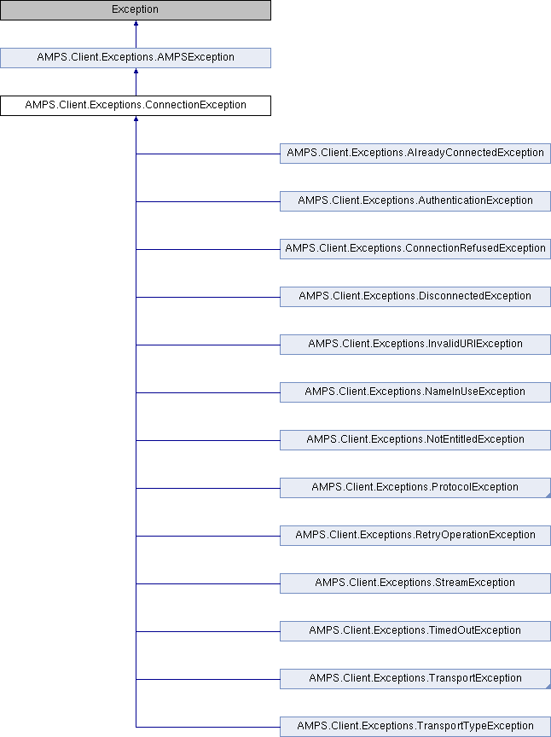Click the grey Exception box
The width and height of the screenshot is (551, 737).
tap(136, 10)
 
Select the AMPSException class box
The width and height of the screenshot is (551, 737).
tap(136, 58)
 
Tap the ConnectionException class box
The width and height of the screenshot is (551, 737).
tap(136, 106)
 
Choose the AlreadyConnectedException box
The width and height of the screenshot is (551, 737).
tap(415, 154)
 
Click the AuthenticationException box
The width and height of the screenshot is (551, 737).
tap(415, 201)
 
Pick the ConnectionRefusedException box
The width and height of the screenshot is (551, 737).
tap(415, 249)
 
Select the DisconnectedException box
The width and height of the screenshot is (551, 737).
tap(415, 297)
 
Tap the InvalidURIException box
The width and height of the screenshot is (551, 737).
tap(415, 345)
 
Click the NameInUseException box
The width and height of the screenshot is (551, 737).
tap(415, 392)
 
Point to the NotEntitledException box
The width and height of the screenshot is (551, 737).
tap(415, 440)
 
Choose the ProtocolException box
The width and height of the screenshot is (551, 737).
tap(415, 488)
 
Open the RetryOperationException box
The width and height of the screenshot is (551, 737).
tap(415, 536)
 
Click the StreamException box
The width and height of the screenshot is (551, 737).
tap(415, 583)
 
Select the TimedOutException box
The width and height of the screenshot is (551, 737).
tap(415, 631)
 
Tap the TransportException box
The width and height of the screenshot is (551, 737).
tap(415, 679)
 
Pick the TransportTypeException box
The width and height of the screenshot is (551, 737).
tap(415, 727)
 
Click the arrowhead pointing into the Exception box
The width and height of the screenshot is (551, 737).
tap(136, 24)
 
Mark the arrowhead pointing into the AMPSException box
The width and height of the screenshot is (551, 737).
tap(136, 72)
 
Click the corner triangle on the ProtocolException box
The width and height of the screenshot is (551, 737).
tap(548, 496)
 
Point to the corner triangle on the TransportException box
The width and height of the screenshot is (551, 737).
tap(548, 686)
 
